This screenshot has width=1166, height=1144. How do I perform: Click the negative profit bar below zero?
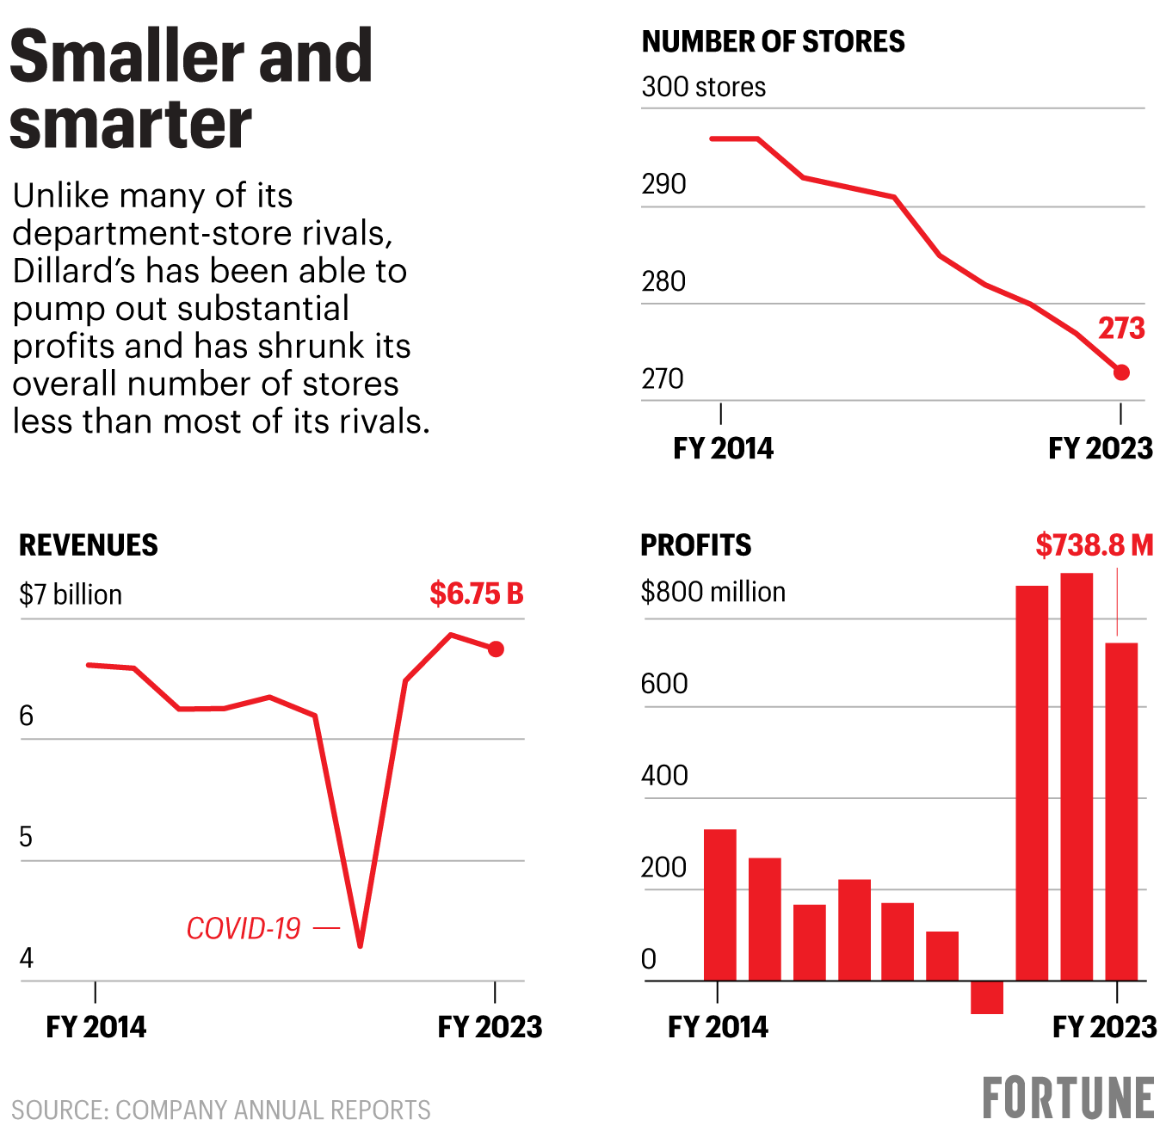[987, 998]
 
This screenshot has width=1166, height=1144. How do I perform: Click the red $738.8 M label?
[1094, 545]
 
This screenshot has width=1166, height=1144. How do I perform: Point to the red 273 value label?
[1121, 329]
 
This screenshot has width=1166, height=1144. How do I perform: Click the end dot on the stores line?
[1121, 372]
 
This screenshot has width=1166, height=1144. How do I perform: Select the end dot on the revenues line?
[496, 649]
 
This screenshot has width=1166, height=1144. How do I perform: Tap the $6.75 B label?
[477, 594]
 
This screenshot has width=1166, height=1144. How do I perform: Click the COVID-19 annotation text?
[244, 929]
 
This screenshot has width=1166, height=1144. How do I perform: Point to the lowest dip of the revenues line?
[360, 944]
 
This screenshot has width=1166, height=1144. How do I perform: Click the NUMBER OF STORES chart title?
[773, 42]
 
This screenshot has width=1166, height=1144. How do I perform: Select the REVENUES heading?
[89, 545]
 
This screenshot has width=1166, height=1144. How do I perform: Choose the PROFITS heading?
[695, 545]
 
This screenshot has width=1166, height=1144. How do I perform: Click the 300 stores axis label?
[703, 87]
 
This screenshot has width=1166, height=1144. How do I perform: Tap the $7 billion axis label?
[71, 594]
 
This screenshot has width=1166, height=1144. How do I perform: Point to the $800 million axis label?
[713, 592]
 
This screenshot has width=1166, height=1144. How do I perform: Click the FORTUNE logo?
[1068, 1098]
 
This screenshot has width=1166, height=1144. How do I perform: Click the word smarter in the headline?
[131, 123]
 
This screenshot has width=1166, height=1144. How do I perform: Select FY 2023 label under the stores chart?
[1100, 448]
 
